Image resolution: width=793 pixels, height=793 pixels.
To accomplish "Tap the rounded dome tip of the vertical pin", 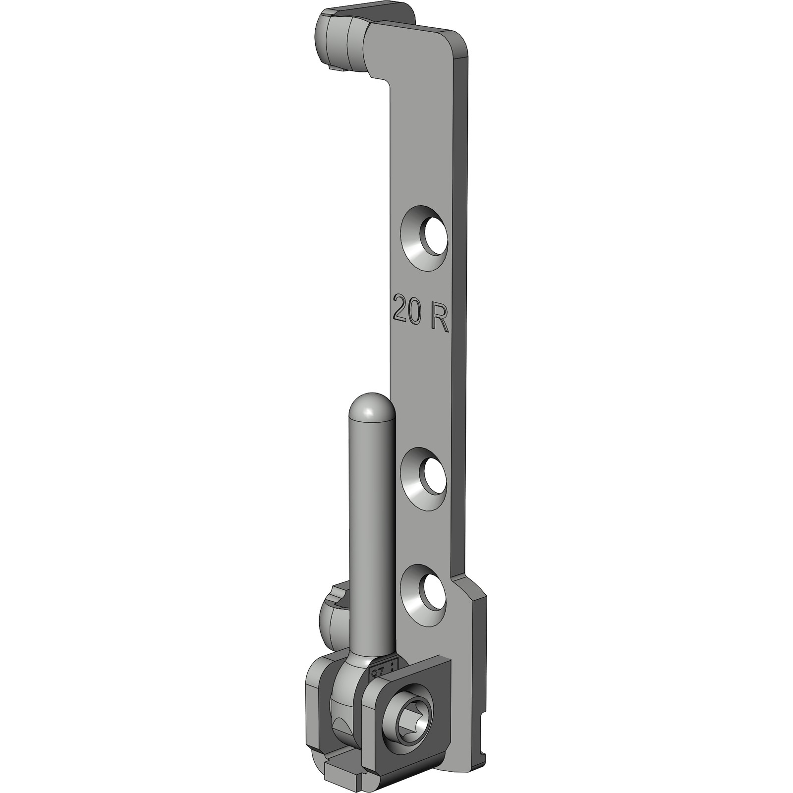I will click(x=371, y=406).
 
